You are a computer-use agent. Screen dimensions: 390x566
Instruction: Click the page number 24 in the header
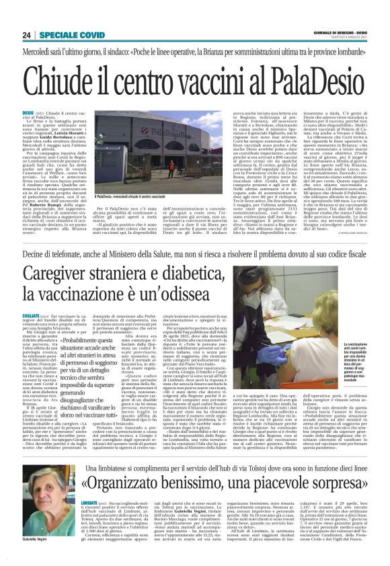(x=27, y=34)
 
